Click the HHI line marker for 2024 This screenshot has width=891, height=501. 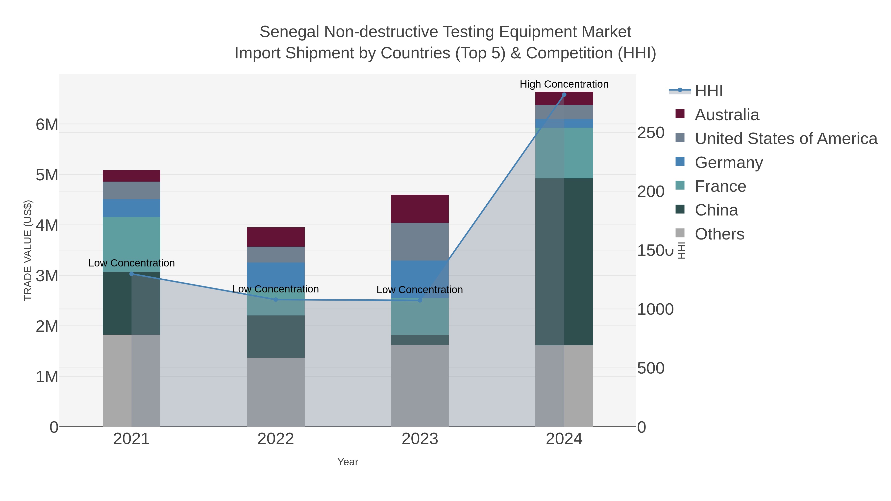(564, 95)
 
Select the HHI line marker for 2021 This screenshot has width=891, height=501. (131, 274)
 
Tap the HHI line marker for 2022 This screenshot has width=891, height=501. (276, 300)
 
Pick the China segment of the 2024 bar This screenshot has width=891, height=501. (564, 262)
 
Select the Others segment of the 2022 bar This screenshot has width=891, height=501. (276, 392)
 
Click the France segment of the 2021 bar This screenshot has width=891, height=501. (131, 244)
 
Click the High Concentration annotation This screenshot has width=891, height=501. (564, 84)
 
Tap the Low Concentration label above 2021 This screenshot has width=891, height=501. (131, 263)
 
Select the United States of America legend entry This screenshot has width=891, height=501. (786, 139)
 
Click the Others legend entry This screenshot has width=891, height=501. (719, 234)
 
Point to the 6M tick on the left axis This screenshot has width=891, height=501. (47, 124)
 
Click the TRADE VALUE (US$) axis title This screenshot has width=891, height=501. (28, 250)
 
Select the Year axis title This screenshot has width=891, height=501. (348, 462)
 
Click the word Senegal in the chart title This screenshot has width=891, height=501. (289, 32)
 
